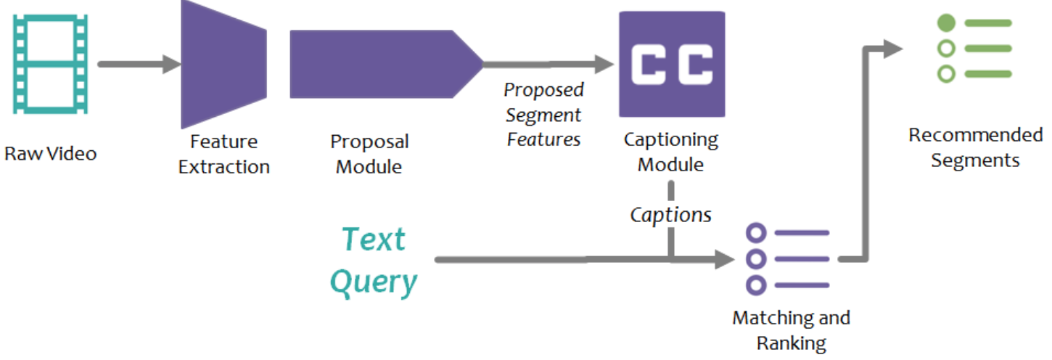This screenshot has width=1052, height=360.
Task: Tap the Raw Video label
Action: (x=50, y=154)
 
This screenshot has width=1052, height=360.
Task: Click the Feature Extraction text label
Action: (x=223, y=154)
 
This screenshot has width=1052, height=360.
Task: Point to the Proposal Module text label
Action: (x=369, y=154)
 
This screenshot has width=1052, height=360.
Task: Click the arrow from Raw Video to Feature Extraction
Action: (x=138, y=64)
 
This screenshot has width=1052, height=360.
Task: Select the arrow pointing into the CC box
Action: (x=551, y=64)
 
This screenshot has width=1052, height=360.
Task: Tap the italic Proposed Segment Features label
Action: (x=543, y=115)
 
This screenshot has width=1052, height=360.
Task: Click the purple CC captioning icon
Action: (x=671, y=64)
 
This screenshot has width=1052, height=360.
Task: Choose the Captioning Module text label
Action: (x=670, y=152)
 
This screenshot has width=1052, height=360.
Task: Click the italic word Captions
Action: (x=670, y=215)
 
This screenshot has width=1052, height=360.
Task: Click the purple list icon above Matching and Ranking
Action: (x=788, y=259)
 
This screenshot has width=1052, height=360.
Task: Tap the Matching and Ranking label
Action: (x=791, y=330)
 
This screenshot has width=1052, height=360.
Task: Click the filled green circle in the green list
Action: (x=946, y=23)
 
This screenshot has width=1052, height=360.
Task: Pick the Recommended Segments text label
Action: (x=975, y=147)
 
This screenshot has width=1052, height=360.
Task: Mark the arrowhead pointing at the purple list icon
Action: (x=726, y=259)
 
